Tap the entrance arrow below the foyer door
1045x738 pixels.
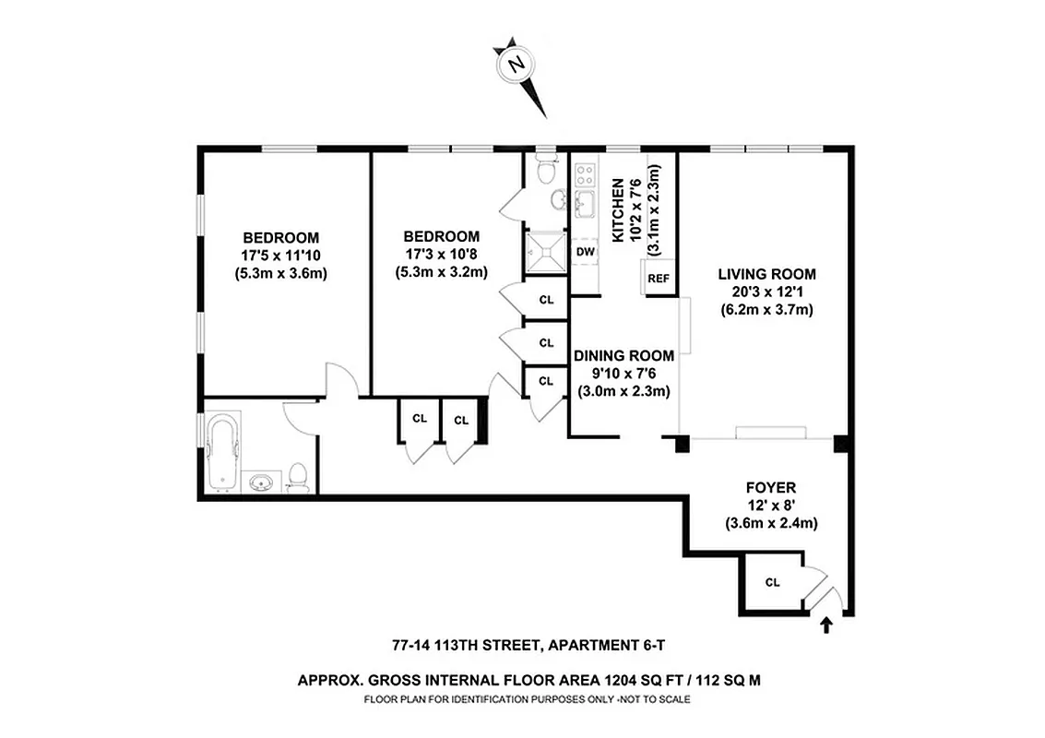click(825, 626)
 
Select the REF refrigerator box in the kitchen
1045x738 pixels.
click(658, 278)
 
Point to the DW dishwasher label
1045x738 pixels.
click(585, 251)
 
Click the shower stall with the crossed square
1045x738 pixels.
click(540, 246)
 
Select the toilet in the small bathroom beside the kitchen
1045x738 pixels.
click(546, 172)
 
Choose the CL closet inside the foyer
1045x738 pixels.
click(772, 582)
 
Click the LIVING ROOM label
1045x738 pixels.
click(767, 274)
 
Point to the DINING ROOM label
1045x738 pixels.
click(623, 355)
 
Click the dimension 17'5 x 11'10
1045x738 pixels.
click(281, 255)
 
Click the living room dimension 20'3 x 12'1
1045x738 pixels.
click(767, 292)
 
